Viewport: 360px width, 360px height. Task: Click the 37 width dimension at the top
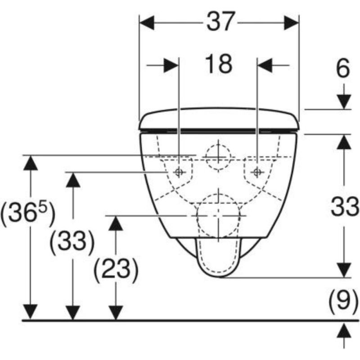click(x=220, y=21)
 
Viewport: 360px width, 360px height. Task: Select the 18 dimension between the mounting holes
click(x=219, y=64)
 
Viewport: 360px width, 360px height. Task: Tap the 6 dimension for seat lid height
click(x=343, y=68)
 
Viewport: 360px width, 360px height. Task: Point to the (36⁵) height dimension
click(x=28, y=213)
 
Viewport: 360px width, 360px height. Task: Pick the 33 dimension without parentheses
click(x=345, y=207)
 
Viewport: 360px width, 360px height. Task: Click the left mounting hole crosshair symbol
click(x=178, y=172)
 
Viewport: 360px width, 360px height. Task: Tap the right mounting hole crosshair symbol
click(x=257, y=172)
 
